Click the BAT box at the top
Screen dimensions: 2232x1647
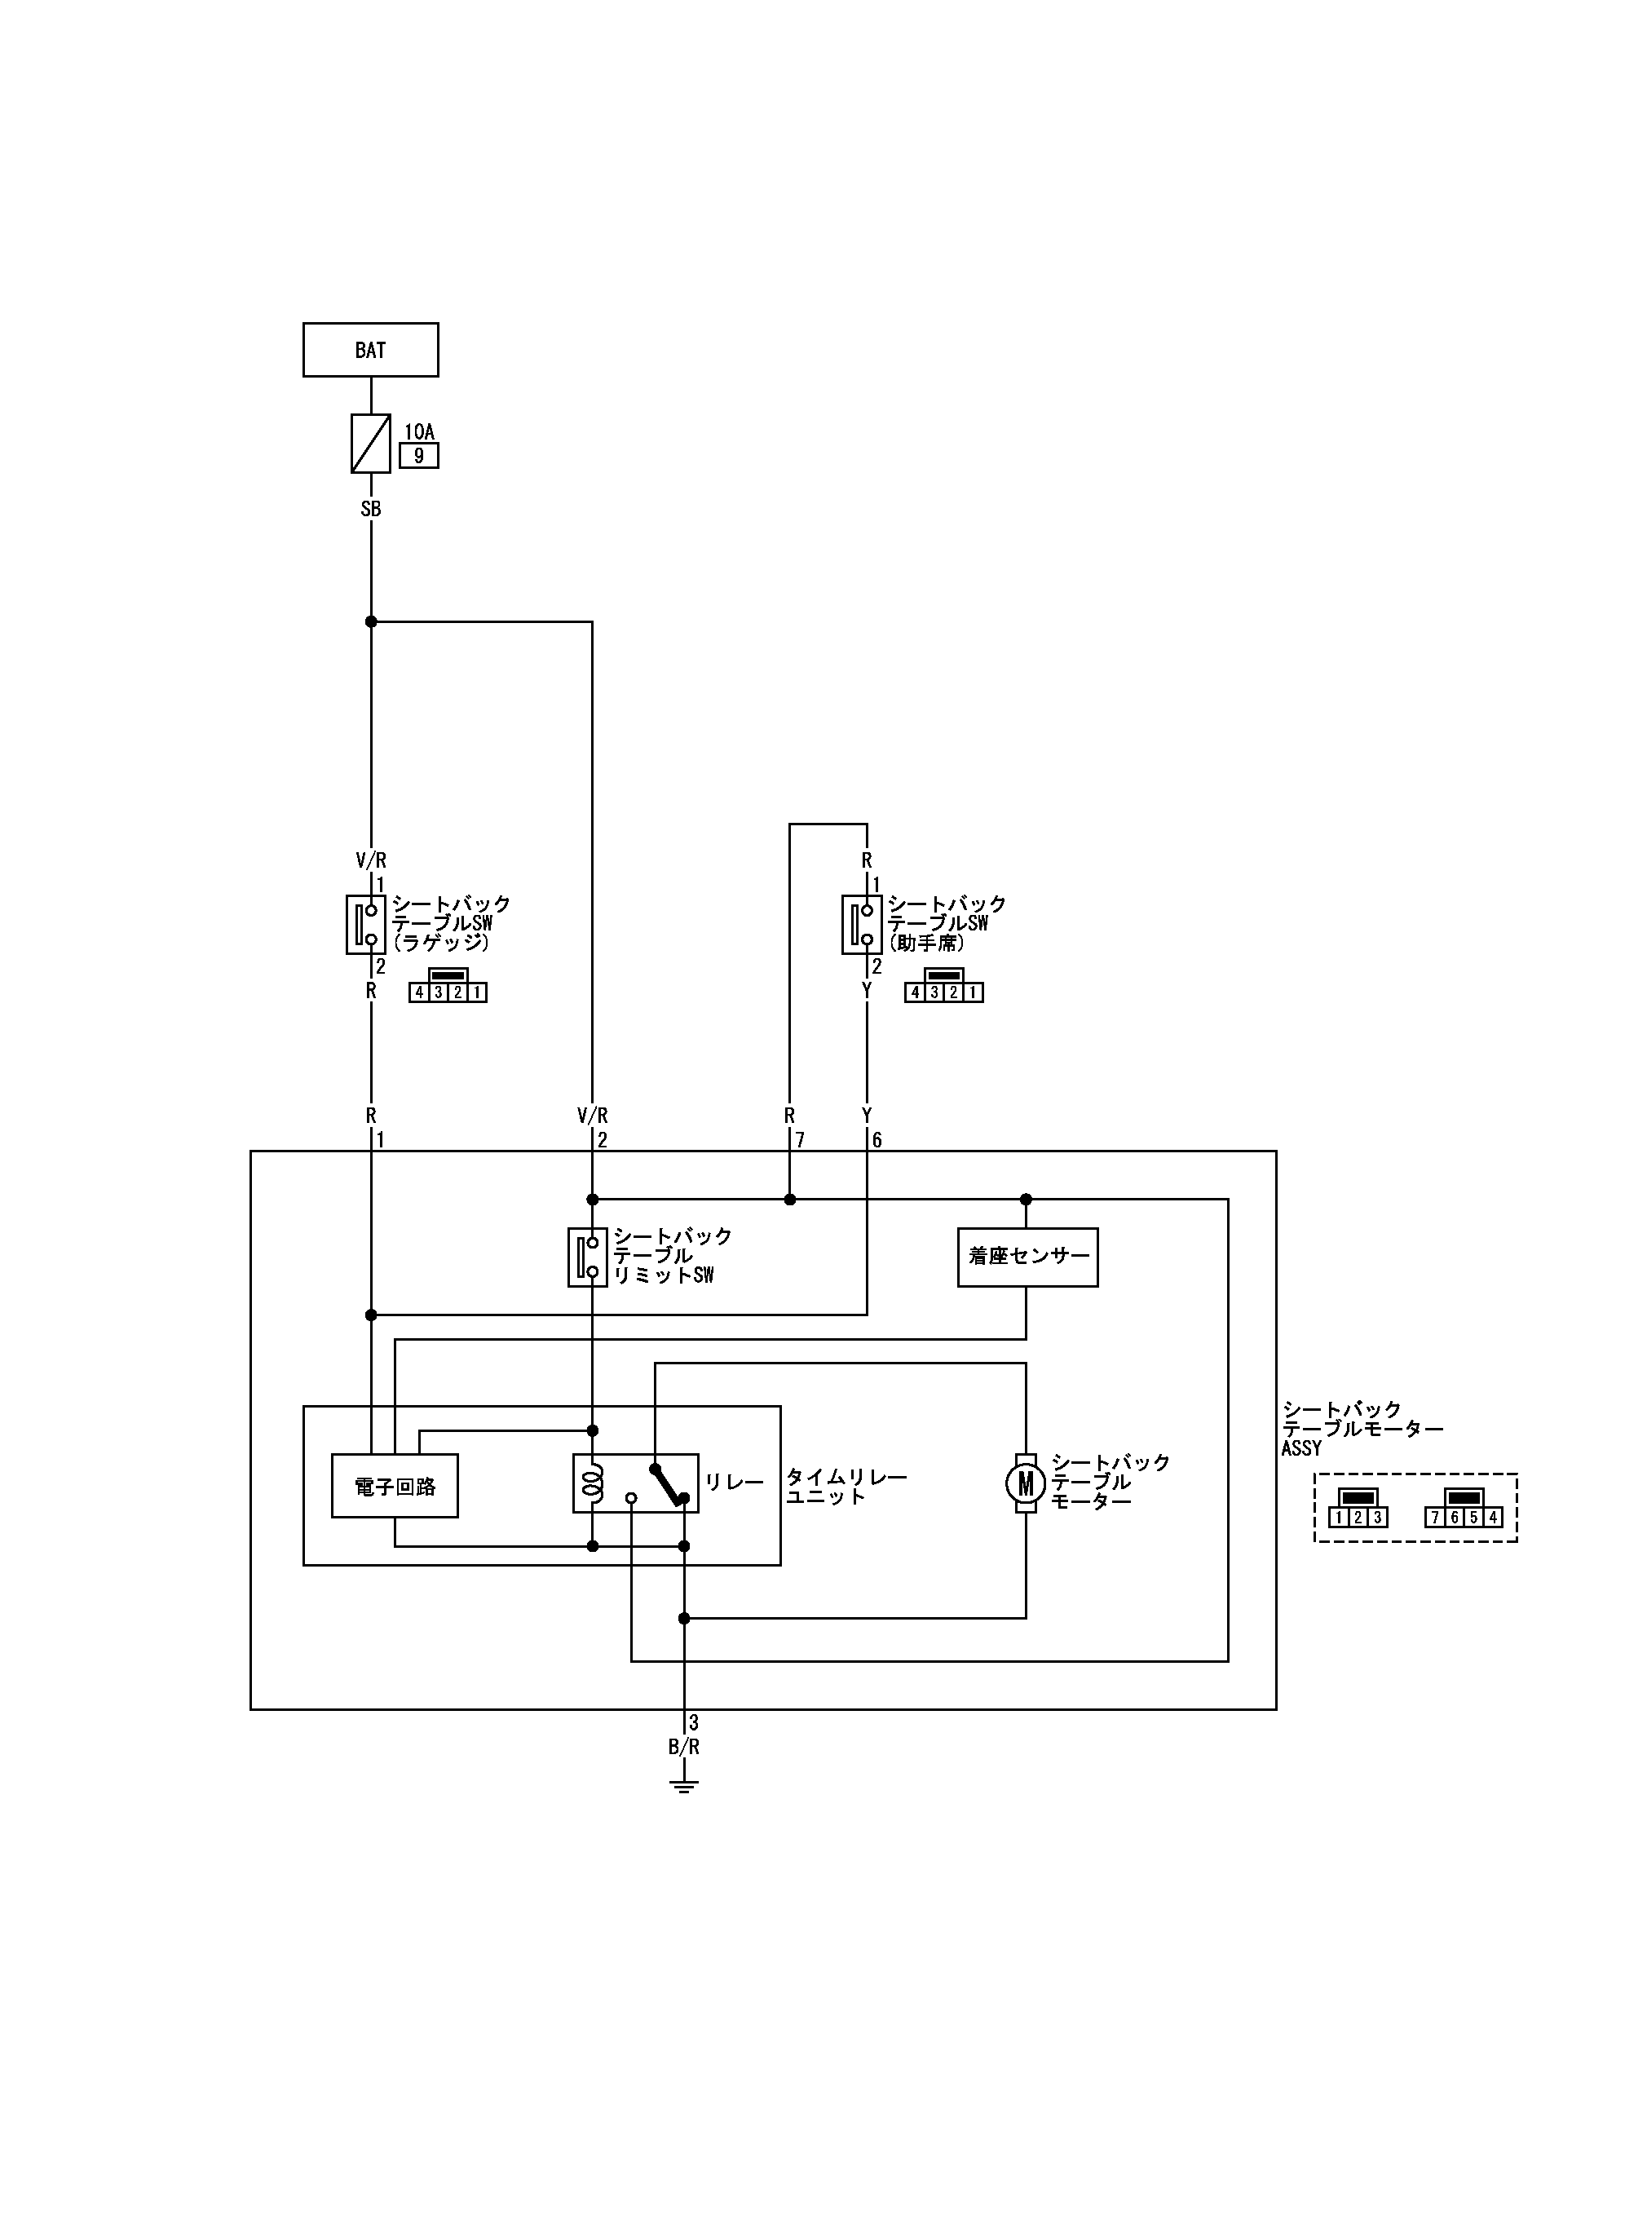coord(370,350)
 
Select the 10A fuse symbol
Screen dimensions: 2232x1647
coord(370,444)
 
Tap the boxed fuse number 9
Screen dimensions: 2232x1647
coord(419,456)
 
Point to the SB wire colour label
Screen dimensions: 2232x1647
coord(370,510)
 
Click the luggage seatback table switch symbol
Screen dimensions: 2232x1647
coord(366,924)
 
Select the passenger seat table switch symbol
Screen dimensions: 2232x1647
coord(861,924)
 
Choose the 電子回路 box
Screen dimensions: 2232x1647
coord(395,1487)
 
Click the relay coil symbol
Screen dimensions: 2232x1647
coord(594,1483)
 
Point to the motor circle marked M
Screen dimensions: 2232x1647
coord(1025,1484)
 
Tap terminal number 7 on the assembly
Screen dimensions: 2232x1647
coord(800,1140)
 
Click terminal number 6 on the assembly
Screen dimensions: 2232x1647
coord(876,1140)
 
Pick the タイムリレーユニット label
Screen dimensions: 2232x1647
coord(846,1487)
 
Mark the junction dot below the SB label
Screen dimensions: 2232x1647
coord(371,622)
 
